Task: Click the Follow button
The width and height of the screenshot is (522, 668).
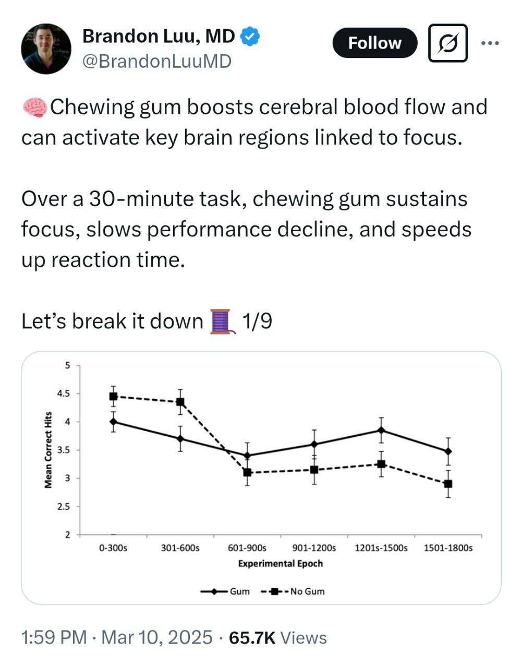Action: [374, 43]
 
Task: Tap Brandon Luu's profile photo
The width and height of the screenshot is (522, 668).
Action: [46, 48]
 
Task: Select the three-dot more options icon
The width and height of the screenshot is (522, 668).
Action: [490, 43]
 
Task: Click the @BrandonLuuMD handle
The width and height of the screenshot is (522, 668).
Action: [156, 62]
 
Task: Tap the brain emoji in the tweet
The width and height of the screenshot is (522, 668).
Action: [34, 107]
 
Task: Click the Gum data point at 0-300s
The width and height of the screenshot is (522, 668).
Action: [113, 422]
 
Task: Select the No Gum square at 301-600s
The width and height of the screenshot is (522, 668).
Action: [180, 402]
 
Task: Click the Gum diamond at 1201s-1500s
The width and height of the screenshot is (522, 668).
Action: [381, 430]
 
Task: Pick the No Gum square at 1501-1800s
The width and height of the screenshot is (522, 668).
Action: [448, 484]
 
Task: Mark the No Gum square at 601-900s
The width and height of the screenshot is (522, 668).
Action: [247, 472]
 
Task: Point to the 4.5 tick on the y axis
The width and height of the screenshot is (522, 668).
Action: [63, 393]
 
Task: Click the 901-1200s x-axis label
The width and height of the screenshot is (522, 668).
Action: [314, 548]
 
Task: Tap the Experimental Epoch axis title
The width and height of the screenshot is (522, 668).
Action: [280, 564]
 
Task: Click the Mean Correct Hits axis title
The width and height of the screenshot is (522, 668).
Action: [48, 450]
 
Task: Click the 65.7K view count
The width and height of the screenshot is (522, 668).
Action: [252, 638]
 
